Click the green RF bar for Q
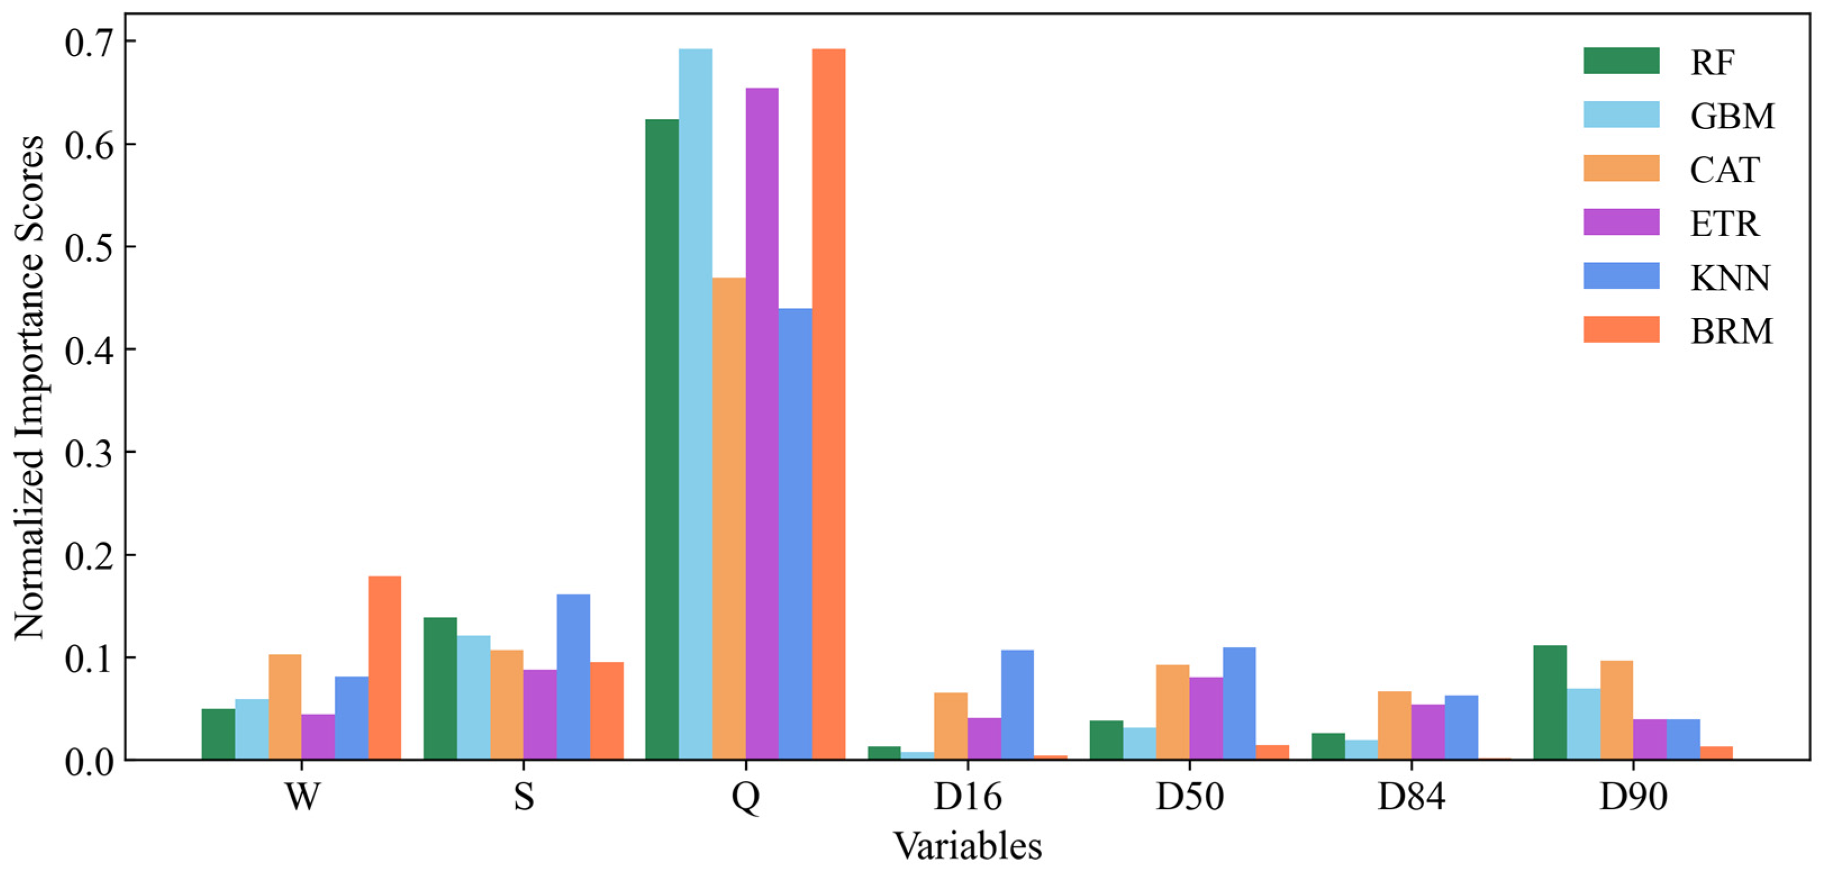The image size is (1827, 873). click(x=661, y=440)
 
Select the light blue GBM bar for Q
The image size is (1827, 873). click(x=695, y=404)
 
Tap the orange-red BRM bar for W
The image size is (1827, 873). click(x=384, y=667)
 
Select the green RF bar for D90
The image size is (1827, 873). click(x=1550, y=702)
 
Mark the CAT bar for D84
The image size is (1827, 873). click(x=1394, y=725)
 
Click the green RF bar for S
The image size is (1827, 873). click(x=439, y=688)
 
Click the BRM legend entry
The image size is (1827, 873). click(x=1730, y=330)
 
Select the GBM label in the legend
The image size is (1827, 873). click(x=1732, y=116)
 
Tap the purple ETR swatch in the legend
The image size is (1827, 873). click(x=1621, y=222)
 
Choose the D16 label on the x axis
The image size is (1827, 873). click(x=967, y=797)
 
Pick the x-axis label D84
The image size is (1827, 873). click(x=1411, y=797)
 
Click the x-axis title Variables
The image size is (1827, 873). click(x=967, y=846)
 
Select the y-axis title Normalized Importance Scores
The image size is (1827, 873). click(x=30, y=387)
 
